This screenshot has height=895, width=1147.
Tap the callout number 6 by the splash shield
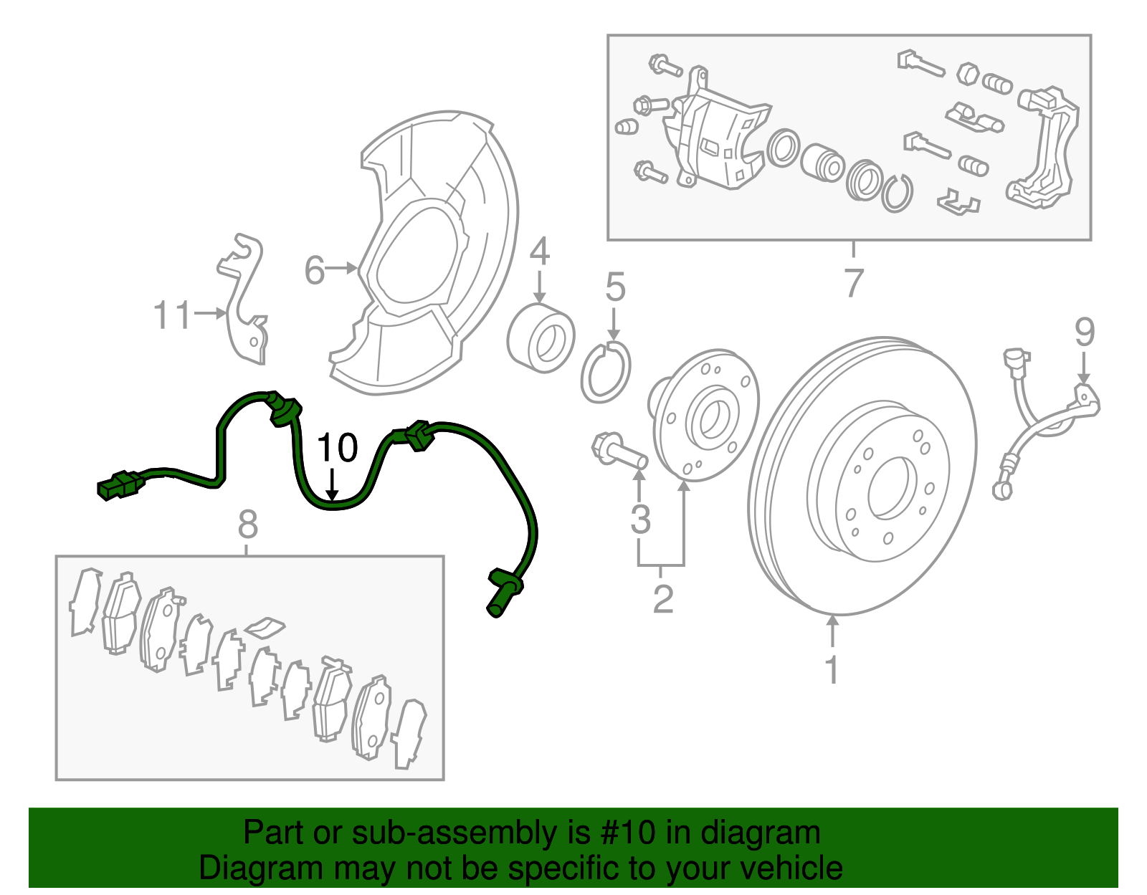click(315, 271)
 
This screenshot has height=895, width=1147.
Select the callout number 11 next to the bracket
click(173, 315)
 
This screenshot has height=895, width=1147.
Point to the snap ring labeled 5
click(606, 373)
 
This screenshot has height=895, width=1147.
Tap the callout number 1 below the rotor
click(832, 670)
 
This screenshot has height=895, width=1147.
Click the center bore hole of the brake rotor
click(891, 489)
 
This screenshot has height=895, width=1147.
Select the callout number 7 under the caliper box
click(853, 283)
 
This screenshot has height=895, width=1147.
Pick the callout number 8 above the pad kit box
click(247, 525)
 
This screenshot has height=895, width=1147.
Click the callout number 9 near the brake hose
click(1085, 332)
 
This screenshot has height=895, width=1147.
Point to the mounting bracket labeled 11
click(244, 301)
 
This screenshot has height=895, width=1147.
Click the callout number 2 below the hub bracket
click(663, 599)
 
